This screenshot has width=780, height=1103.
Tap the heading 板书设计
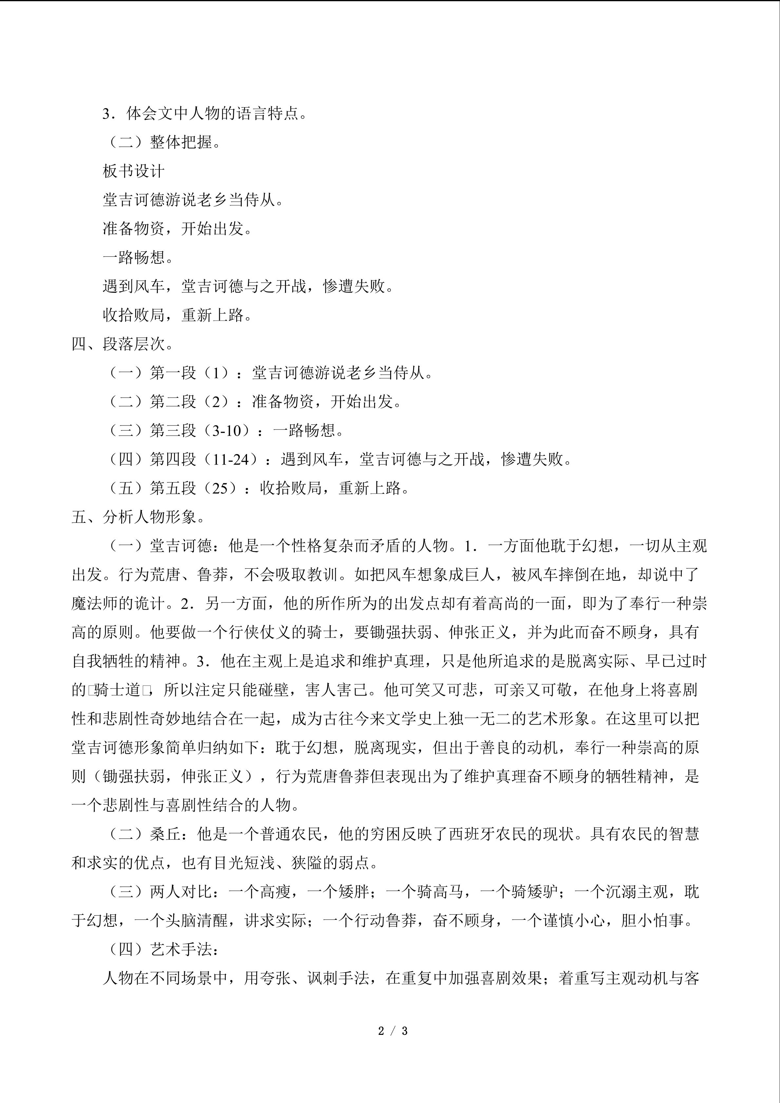pyautogui.click(x=134, y=171)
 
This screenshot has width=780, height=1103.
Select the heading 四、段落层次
pyautogui.click(x=123, y=344)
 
